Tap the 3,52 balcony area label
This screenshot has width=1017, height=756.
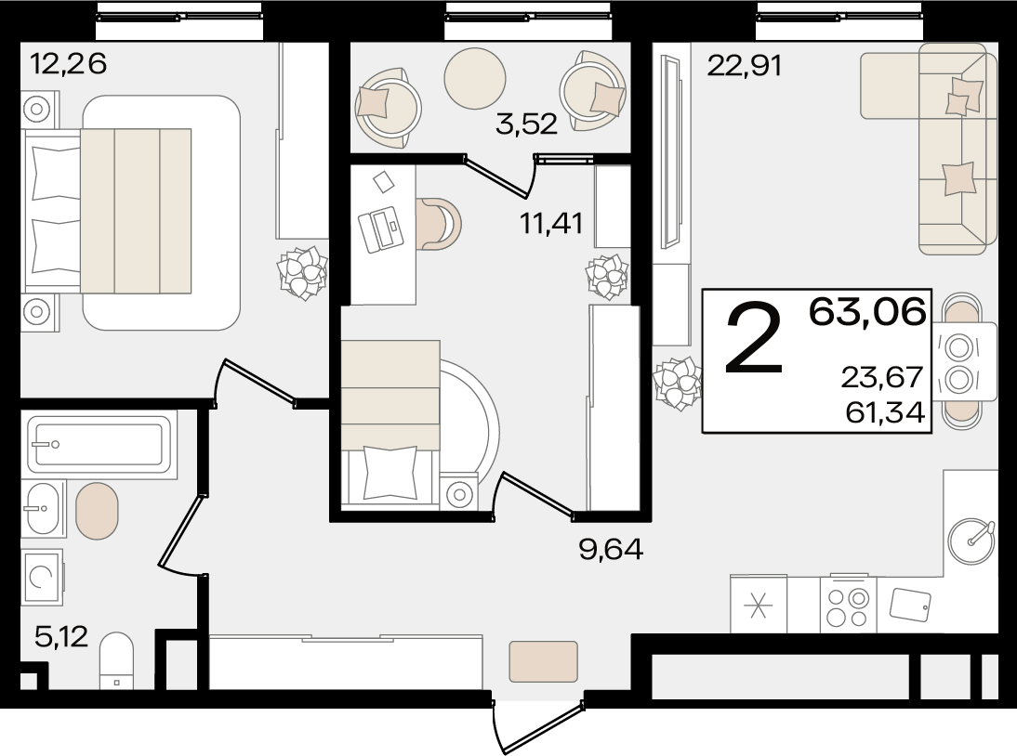(526, 124)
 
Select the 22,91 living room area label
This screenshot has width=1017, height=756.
(744, 65)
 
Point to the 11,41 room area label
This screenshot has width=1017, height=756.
(551, 224)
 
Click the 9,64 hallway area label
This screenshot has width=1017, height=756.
(611, 549)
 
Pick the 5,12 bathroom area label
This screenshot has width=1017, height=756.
(61, 637)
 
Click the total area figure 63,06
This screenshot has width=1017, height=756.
(867, 312)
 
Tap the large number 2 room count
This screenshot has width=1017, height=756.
(754, 339)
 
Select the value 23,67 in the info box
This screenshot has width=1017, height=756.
(882, 377)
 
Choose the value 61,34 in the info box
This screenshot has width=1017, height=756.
(885, 411)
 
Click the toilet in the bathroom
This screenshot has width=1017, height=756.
(117, 660)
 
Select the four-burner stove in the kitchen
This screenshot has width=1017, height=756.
(848, 604)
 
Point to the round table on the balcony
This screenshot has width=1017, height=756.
(475, 78)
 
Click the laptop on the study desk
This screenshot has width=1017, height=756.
(381, 229)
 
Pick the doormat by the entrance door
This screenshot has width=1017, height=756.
(543, 661)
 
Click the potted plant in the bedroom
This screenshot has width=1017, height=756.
(302, 273)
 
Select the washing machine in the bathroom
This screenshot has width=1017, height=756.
(42, 577)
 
